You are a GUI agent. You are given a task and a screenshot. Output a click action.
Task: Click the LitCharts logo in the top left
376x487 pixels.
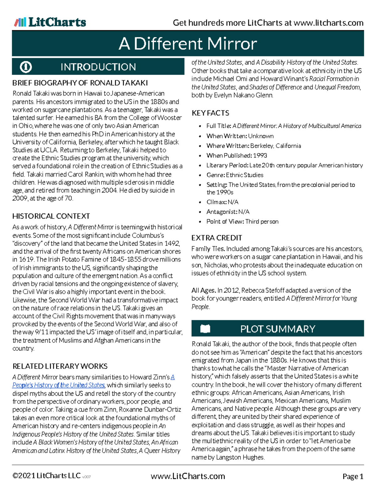(50, 22)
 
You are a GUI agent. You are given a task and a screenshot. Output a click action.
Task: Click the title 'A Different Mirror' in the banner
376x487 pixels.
(188, 44)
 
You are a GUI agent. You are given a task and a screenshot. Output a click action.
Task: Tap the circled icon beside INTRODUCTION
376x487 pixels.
(26, 67)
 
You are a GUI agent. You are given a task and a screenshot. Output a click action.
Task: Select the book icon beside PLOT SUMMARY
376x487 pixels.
(205, 329)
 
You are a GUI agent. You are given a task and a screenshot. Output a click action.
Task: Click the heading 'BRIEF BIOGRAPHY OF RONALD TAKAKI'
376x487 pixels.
(80, 83)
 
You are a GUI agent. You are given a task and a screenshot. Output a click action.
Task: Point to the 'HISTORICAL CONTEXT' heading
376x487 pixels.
(51, 216)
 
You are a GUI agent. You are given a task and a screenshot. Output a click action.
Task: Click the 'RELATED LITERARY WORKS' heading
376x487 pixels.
(60, 366)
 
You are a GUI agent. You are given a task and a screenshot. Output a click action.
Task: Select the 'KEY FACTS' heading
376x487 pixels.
(210, 113)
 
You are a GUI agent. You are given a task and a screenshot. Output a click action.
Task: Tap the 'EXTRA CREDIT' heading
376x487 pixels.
(217, 238)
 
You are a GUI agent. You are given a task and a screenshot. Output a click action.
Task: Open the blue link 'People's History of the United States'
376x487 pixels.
(59, 385)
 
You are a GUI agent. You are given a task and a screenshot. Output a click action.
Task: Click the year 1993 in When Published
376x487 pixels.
(260, 156)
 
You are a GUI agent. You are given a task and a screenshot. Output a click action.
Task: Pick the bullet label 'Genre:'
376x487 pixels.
(216, 175)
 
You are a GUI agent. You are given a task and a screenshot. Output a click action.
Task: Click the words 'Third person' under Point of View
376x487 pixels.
(262, 221)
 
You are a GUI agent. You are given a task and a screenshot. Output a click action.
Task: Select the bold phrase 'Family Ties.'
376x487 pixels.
(208, 249)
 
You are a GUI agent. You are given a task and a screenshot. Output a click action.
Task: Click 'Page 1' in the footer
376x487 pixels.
(353, 476)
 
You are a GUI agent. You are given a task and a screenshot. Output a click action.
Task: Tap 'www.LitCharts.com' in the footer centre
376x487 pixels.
(188, 476)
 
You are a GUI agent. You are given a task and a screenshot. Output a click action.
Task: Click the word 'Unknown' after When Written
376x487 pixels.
(261, 136)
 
